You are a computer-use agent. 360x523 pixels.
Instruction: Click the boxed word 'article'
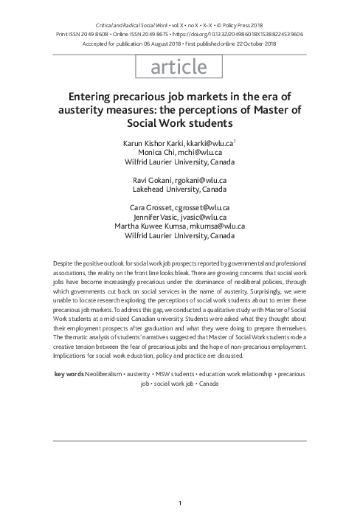[x=179, y=67]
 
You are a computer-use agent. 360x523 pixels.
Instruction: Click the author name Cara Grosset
[x=153, y=209]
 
